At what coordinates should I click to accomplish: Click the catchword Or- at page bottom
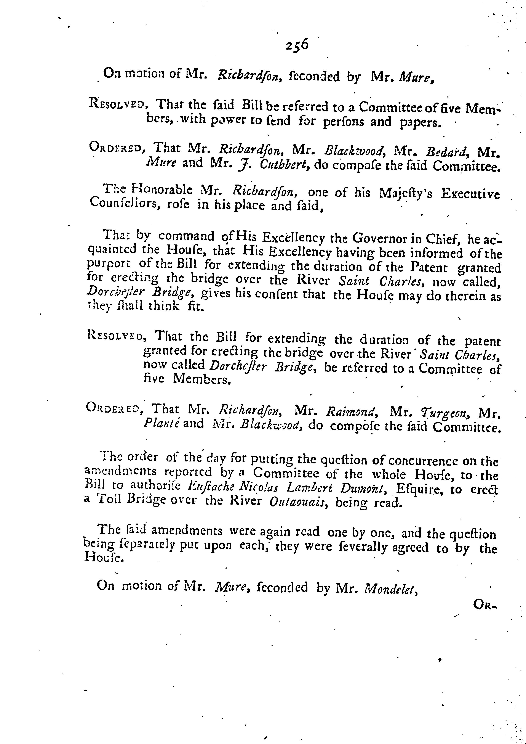tap(484, 604)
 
